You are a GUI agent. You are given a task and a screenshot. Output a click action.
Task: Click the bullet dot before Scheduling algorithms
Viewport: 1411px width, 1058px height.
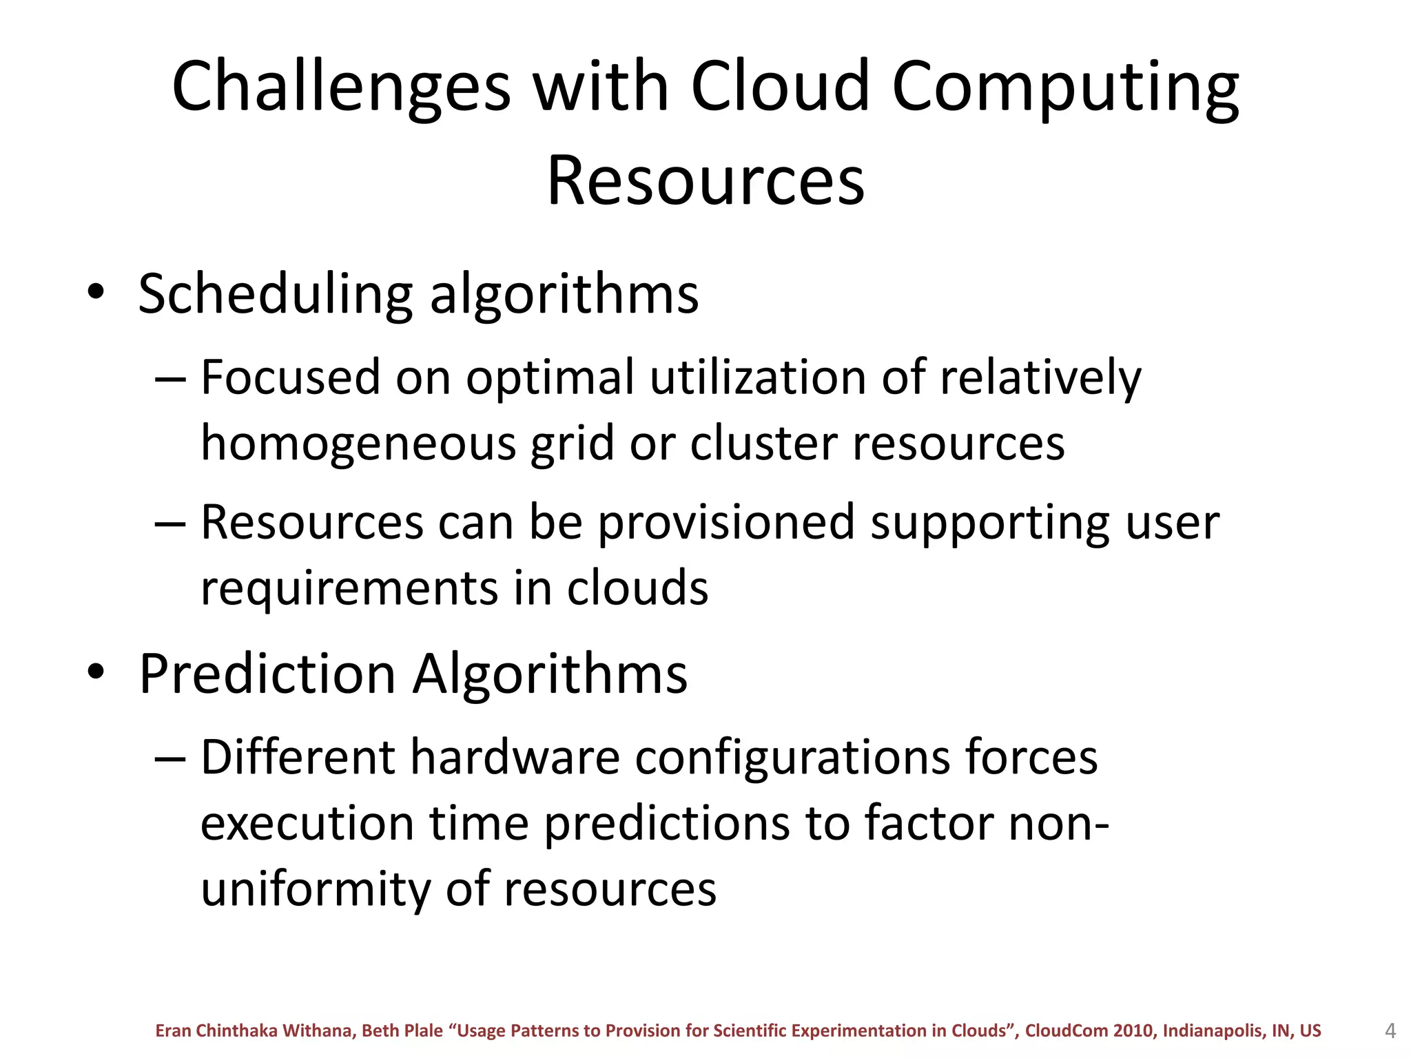coord(96,292)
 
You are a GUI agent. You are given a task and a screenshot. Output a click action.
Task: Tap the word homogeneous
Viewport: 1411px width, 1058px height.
coord(358,444)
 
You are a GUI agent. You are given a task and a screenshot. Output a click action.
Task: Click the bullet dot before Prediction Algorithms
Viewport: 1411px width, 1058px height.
coord(96,672)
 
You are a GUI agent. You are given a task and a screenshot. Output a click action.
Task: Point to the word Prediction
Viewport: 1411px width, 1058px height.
coord(267,674)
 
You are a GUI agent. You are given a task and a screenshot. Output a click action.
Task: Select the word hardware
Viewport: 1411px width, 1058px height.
coord(515,758)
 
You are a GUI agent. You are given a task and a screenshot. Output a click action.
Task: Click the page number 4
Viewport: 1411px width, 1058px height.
coord(1390,1031)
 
